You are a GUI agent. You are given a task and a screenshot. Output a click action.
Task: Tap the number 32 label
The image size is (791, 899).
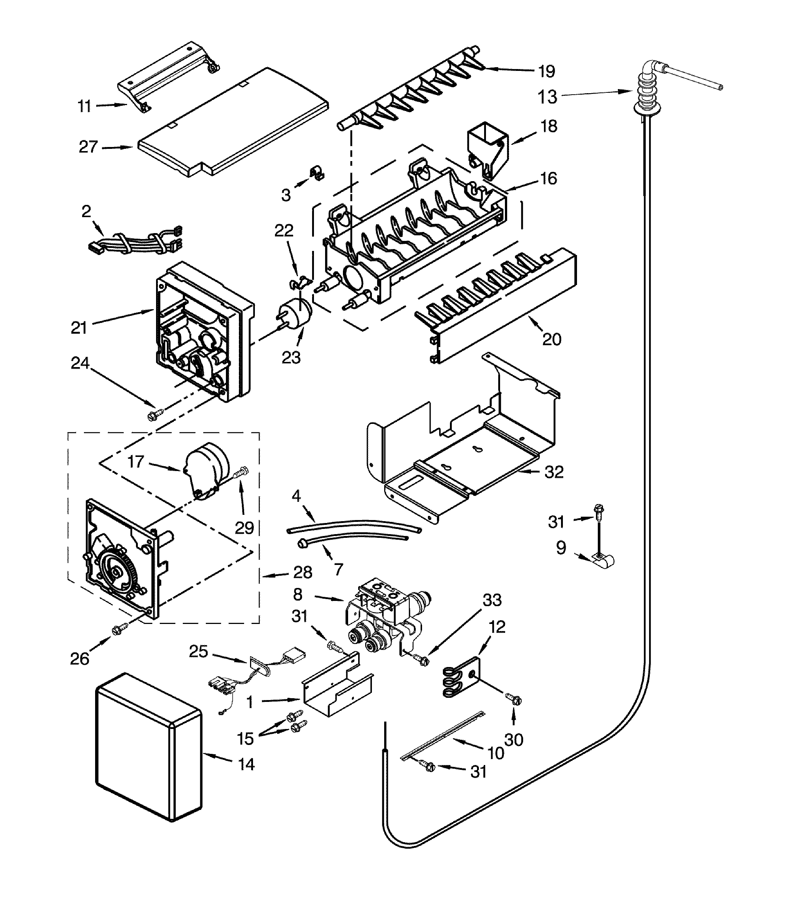click(x=554, y=472)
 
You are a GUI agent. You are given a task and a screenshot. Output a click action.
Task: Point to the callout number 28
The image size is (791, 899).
click(x=302, y=572)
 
